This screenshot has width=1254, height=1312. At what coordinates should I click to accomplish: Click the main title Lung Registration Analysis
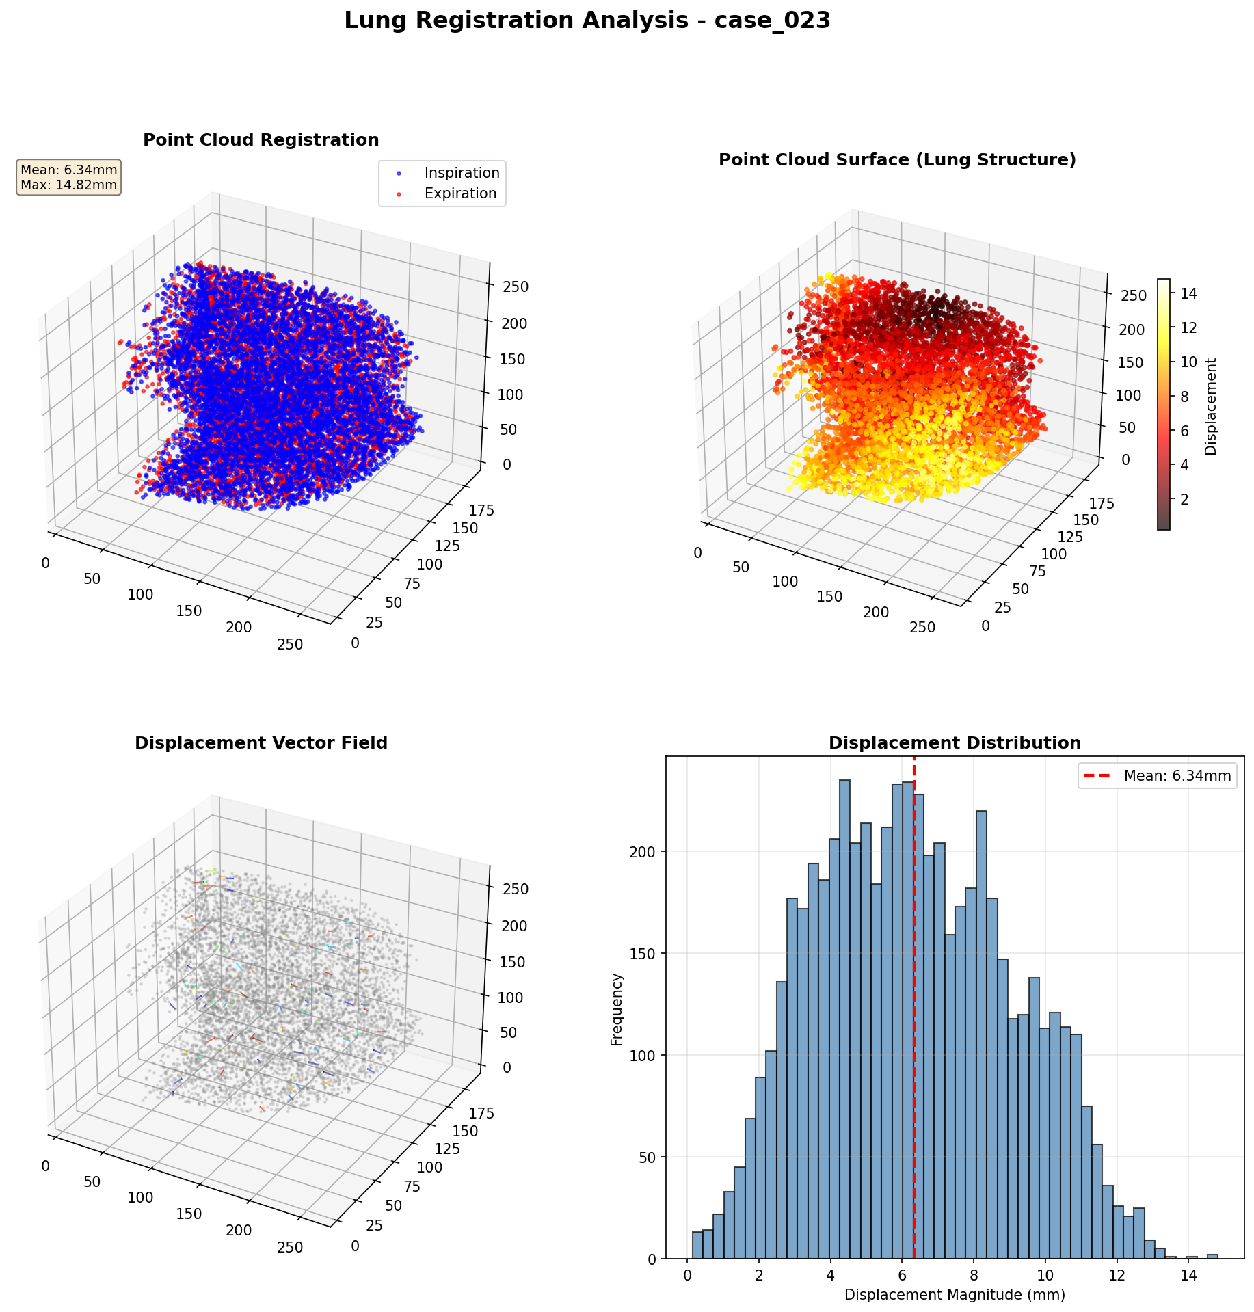587,21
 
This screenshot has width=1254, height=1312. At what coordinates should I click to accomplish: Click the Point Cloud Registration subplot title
261,140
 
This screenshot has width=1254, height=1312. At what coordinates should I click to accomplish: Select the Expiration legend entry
459,193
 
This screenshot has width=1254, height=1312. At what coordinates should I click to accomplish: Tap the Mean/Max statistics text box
68,177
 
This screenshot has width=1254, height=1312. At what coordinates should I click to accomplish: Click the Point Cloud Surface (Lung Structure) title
897,160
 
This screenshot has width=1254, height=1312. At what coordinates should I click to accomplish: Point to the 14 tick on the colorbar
1188,294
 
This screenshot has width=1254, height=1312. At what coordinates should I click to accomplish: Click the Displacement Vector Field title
261,743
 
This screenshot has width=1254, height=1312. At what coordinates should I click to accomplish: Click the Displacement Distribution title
955,743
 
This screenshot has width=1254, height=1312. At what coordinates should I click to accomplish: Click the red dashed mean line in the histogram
914,1026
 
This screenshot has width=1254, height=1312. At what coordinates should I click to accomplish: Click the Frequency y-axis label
617,1009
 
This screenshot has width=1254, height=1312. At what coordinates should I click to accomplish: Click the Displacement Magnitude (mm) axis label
955,1295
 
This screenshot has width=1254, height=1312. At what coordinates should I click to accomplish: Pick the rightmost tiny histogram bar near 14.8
1212,1256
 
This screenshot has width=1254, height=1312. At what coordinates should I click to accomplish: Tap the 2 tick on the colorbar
1188,499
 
